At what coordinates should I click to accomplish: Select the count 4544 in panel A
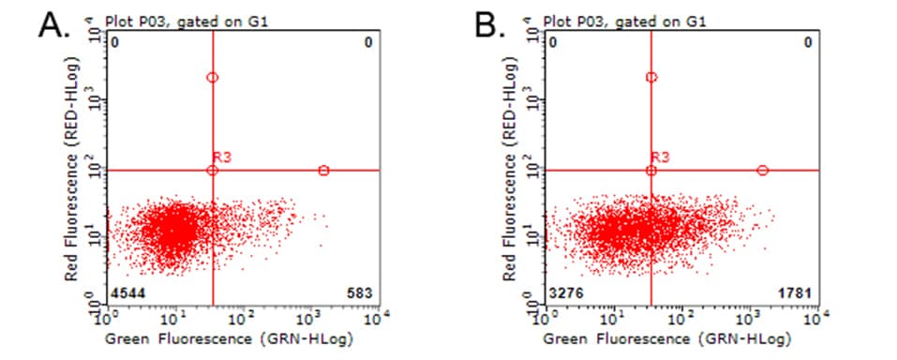127,294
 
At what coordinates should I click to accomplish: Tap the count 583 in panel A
360,294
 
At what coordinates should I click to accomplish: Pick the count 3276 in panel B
566,294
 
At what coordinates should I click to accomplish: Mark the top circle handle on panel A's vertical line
213,78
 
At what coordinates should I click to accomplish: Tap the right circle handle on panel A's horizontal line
323,171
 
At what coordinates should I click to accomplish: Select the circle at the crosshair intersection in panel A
213,171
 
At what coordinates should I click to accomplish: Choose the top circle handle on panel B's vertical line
651,77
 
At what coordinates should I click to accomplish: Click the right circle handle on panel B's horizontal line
762,171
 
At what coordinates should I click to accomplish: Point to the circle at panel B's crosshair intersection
651,171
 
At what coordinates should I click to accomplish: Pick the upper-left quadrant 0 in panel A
115,42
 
